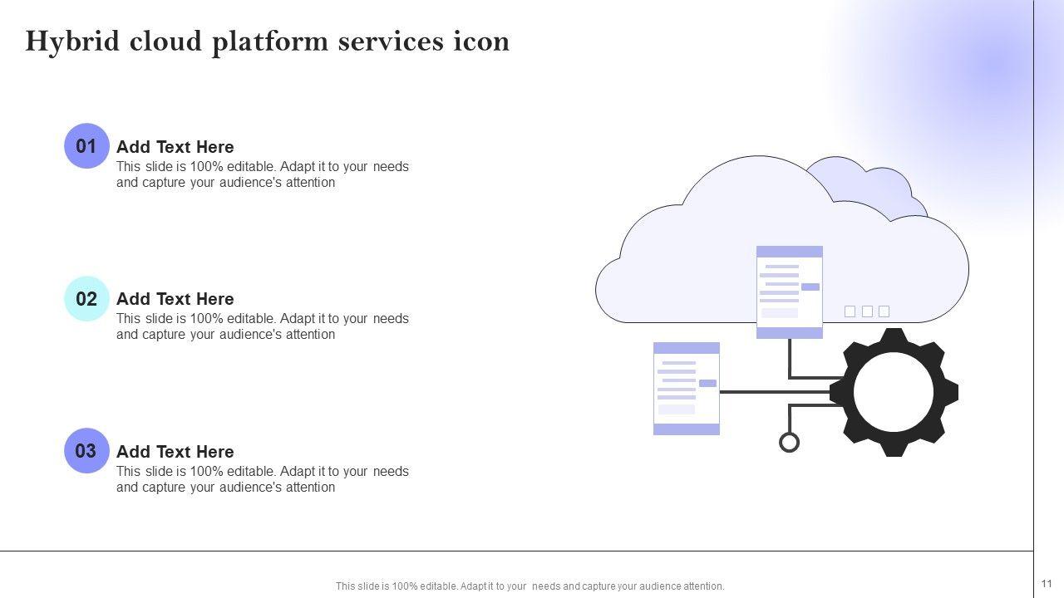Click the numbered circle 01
click(x=86, y=145)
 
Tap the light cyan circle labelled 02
click(x=86, y=298)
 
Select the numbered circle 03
click(x=86, y=450)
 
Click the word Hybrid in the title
click(x=72, y=42)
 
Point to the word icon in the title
click(x=481, y=42)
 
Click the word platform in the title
click(x=270, y=42)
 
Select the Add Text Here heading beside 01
click(x=175, y=147)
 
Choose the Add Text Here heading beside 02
click(x=175, y=299)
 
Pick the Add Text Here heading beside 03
click(x=175, y=452)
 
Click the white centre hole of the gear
click(x=894, y=393)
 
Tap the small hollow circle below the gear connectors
click(x=789, y=443)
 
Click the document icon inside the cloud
click(x=790, y=292)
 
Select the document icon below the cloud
click(x=687, y=388)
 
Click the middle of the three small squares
click(x=867, y=311)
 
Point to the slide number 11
click(x=1047, y=583)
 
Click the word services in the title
click(x=391, y=42)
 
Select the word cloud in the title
click(x=165, y=42)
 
